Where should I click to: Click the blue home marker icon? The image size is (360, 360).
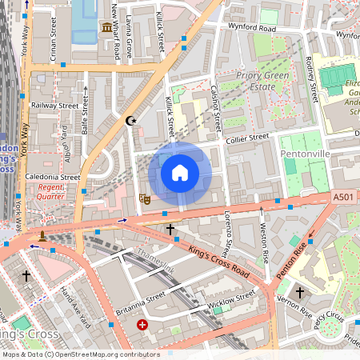coord(180,173)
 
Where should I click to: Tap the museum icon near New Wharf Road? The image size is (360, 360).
coord(106,29)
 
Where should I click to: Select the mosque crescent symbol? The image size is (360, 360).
coord(132,121)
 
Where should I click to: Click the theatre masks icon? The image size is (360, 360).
coord(145,198)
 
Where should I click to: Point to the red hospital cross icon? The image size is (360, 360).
coord(142,326)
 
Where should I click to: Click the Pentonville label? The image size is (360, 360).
coord(305,152)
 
